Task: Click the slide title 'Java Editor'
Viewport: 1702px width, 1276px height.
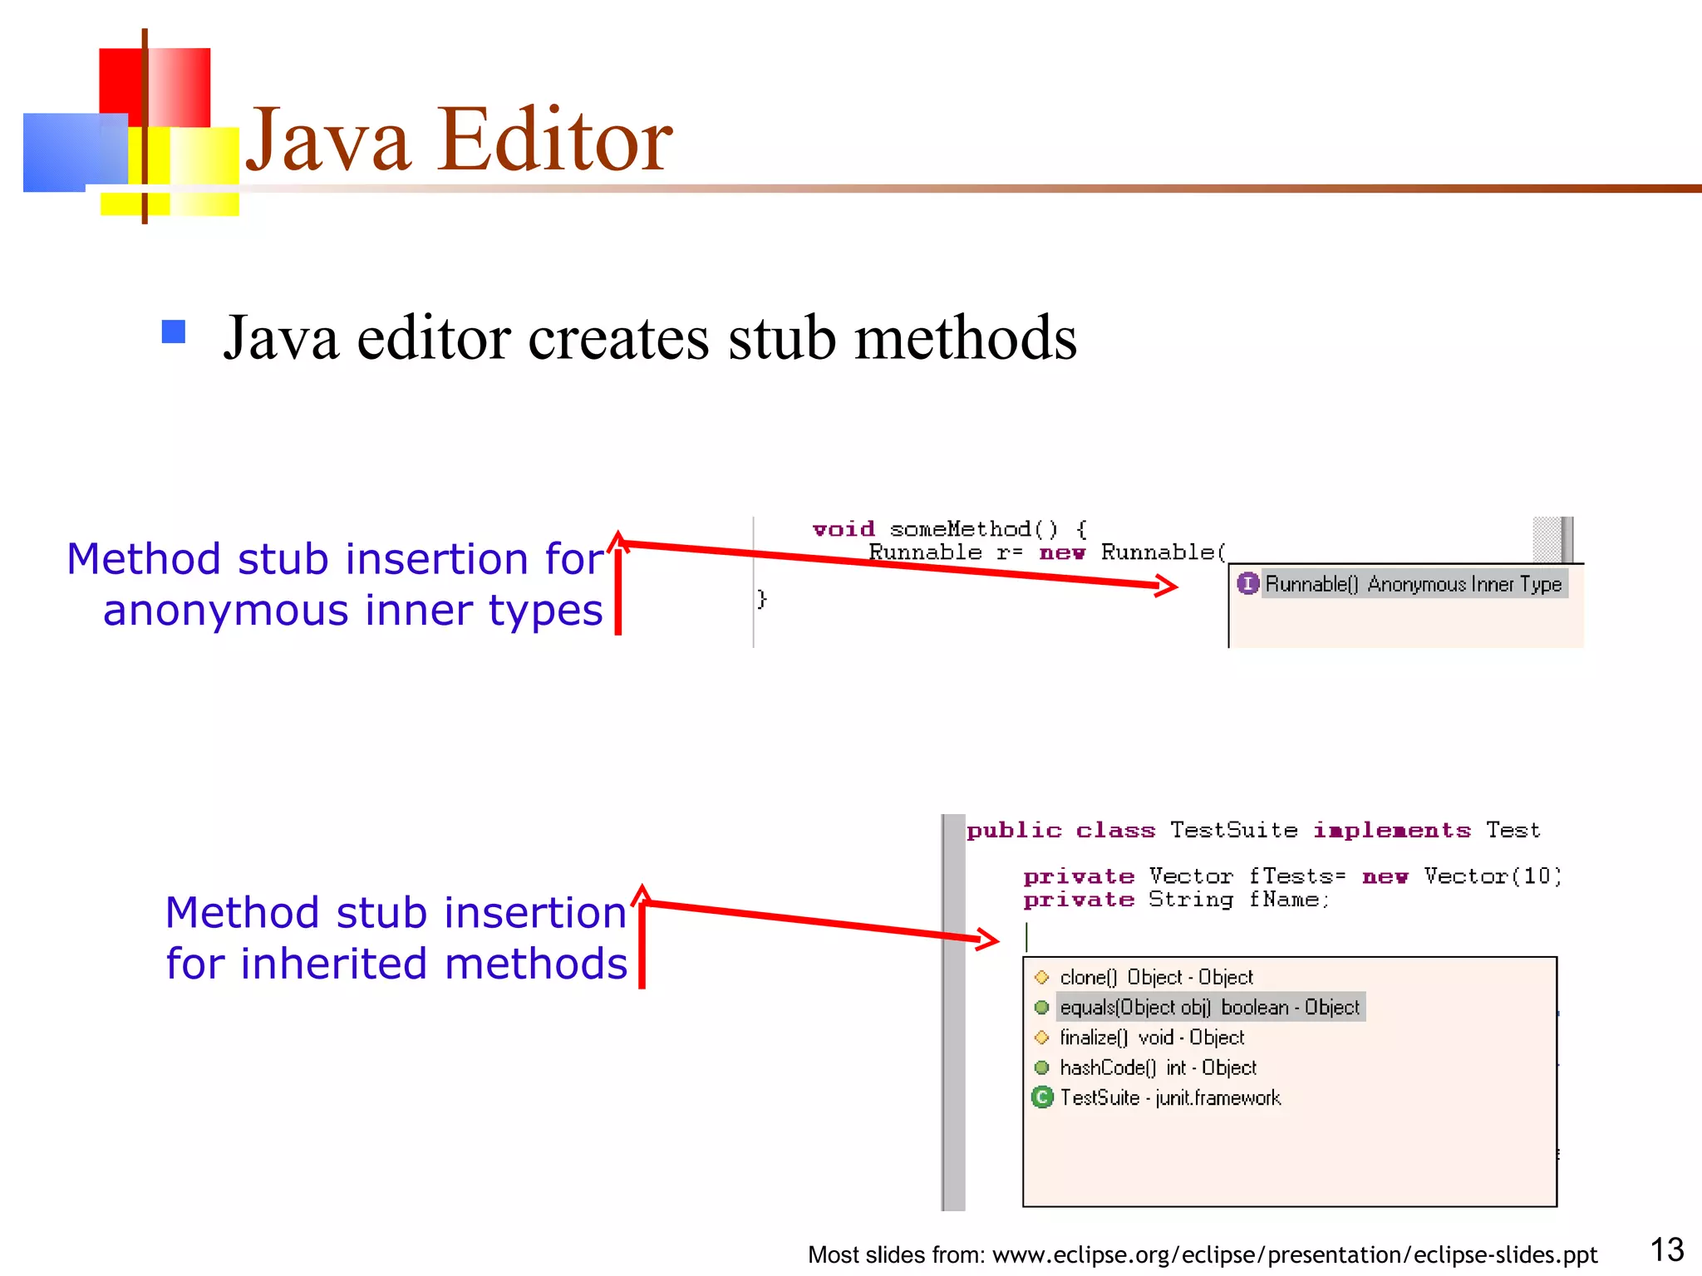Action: pyautogui.click(x=458, y=140)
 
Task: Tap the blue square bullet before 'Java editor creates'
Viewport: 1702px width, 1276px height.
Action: pyautogui.click(x=173, y=331)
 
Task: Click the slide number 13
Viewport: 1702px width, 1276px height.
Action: pyautogui.click(x=1665, y=1249)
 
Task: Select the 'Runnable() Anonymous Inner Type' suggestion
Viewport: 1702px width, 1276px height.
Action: pyautogui.click(x=1413, y=584)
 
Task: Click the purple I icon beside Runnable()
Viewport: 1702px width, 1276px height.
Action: pyautogui.click(x=1247, y=583)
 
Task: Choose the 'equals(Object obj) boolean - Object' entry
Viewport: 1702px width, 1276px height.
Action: pyautogui.click(x=1209, y=1008)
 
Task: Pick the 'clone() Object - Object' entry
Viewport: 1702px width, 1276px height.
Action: pyautogui.click(x=1156, y=977)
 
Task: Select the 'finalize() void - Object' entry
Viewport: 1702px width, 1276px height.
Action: pyautogui.click(x=1152, y=1038)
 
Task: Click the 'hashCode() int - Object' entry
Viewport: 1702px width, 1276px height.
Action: pyautogui.click(x=1158, y=1067)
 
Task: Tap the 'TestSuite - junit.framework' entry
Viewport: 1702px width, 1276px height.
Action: pyautogui.click(x=1170, y=1098)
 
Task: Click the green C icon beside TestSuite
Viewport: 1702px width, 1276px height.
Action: pyautogui.click(x=1041, y=1097)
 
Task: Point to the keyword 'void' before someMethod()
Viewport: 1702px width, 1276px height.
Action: pyautogui.click(x=844, y=529)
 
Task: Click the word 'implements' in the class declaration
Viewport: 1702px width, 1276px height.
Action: pyautogui.click(x=1392, y=830)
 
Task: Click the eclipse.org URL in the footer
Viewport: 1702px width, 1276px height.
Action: pyautogui.click(x=1295, y=1254)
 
